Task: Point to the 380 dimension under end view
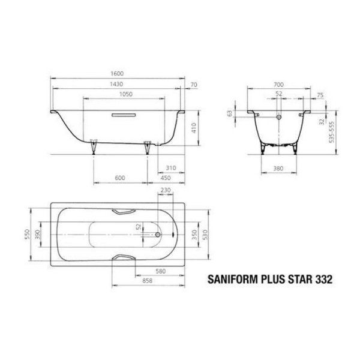278,169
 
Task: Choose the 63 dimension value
230,112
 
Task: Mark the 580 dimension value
160,271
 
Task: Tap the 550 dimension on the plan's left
26,234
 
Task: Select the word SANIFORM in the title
230,278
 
